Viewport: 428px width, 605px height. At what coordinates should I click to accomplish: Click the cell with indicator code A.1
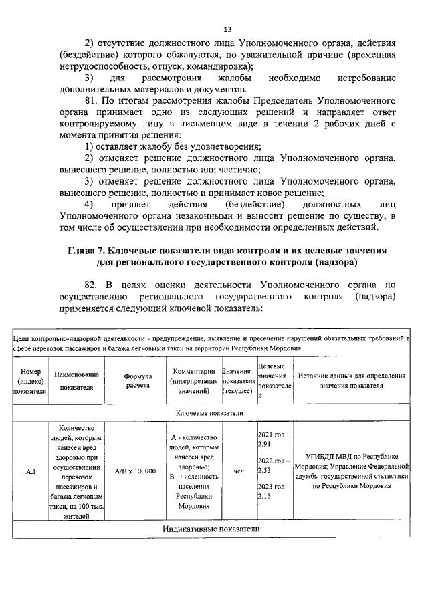(30, 472)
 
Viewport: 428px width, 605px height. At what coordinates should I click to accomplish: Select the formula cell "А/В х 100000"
(135, 471)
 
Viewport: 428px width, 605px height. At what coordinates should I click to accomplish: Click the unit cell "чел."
(239, 472)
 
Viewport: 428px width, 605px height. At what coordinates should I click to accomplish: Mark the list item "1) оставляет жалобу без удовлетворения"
(173, 146)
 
